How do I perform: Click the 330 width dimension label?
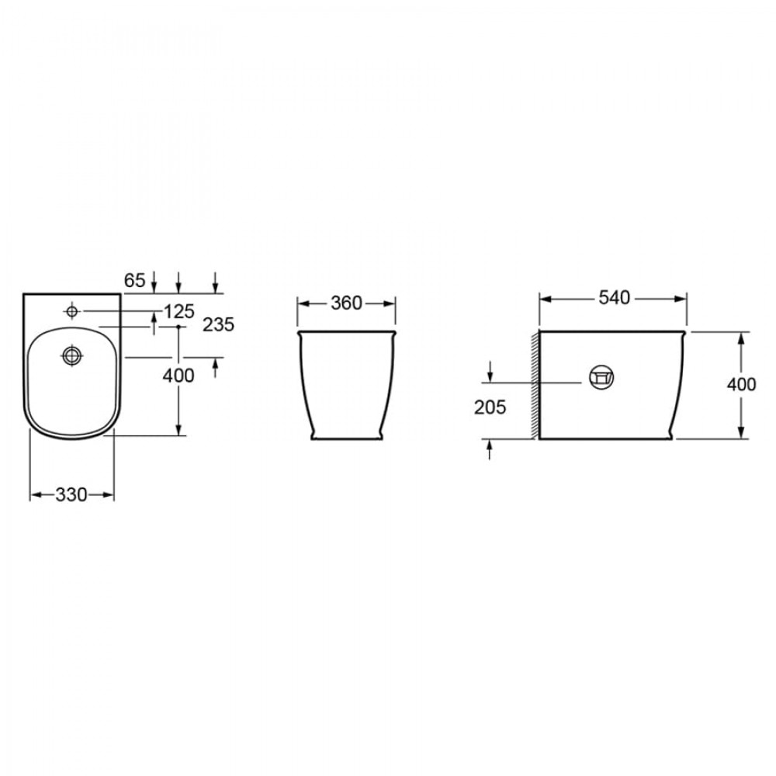[x=71, y=494]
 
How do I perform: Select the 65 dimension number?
[x=134, y=280]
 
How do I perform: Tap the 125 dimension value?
[x=179, y=311]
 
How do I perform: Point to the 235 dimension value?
[x=218, y=324]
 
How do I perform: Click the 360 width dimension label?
[x=346, y=303]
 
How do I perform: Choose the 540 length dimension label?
[x=614, y=297]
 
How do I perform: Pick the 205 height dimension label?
[x=490, y=407]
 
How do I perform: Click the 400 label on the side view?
[x=741, y=384]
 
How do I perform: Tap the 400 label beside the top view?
[x=178, y=376]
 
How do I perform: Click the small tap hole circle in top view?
[x=72, y=311]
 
